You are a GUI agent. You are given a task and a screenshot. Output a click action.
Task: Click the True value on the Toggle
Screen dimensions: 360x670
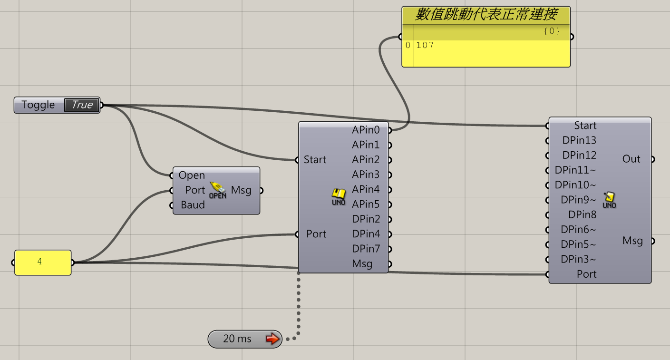pyautogui.click(x=82, y=105)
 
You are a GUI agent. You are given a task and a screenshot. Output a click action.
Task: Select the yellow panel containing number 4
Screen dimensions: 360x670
pyautogui.click(x=43, y=262)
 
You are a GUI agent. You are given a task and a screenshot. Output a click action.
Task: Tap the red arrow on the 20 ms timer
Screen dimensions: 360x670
pyautogui.click(x=272, y=339)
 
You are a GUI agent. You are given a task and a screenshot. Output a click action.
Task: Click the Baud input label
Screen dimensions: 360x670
pyautogui.click(x=193, y=205)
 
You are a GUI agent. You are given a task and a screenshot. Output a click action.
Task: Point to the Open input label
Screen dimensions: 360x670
pyautogui.click(x=192, y=175)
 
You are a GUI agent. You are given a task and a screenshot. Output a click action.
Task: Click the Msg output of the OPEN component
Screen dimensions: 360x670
pyautogui.click(x=241, y=190)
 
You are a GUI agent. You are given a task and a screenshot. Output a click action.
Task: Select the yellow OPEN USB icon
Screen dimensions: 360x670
pyautogui.click(x=218, y=190)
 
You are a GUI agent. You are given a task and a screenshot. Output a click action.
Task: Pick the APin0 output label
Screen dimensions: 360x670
pyautogui.click(x=366, y=130)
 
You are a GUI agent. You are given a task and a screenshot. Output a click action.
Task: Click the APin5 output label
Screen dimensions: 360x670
pyautogui.click(x=366, y=204)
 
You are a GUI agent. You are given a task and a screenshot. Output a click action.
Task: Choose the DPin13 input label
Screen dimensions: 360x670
pyautogui.click(x=579, y=140)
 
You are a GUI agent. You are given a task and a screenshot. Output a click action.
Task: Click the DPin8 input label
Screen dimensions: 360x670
pyautogui.click(x=582, y=214)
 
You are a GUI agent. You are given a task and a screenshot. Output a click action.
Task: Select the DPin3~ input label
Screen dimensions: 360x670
pyautogui.click(x=578, y=259)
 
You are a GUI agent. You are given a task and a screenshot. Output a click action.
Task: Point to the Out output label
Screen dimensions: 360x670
pyautogui.click(x=631, y=159)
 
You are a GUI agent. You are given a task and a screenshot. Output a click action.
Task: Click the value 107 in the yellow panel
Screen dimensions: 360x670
pyautogui.click(x=425, y=46)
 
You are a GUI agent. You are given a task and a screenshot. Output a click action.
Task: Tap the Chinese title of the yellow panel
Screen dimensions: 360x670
pyautogui.click(x=486, y=15)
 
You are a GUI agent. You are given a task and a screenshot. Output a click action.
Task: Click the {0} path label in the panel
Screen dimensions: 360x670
pyautogui.click(x=552, y=31)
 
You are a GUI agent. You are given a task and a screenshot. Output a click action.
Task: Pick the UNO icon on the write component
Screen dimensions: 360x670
pyautogui.click(x=609, y=200)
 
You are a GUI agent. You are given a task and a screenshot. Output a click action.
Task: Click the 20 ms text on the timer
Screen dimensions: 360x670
pyautogui.click(x=237, y=339)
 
